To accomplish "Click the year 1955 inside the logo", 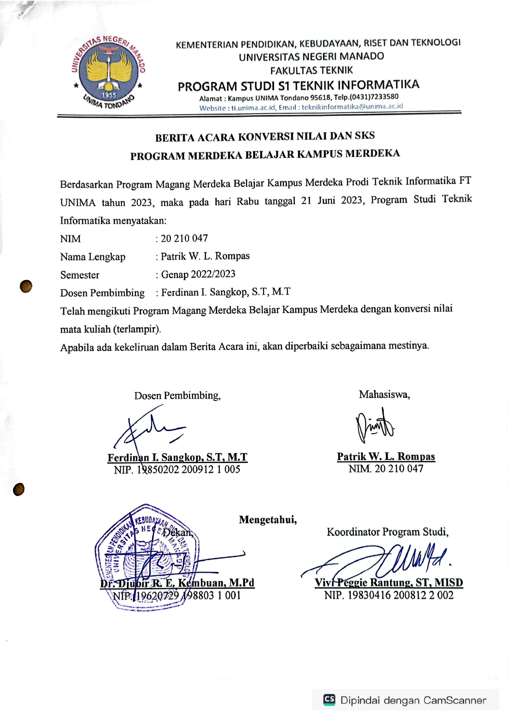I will click(109, 95).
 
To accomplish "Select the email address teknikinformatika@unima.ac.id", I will click(352, 107).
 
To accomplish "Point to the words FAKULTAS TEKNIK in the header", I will click(311, 70).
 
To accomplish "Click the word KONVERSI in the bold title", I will click(265, 137).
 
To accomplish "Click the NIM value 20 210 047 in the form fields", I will click(184, 238).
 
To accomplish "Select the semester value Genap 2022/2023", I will click(198, 274).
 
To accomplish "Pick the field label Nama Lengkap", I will click(93, 257).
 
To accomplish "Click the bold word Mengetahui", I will click(268, 520).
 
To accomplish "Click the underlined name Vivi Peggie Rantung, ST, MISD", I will click(389, 583).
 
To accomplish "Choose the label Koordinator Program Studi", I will click(388, 532).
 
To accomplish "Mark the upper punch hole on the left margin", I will click(26, 286).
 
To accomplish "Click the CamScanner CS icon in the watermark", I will click(329, 699).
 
